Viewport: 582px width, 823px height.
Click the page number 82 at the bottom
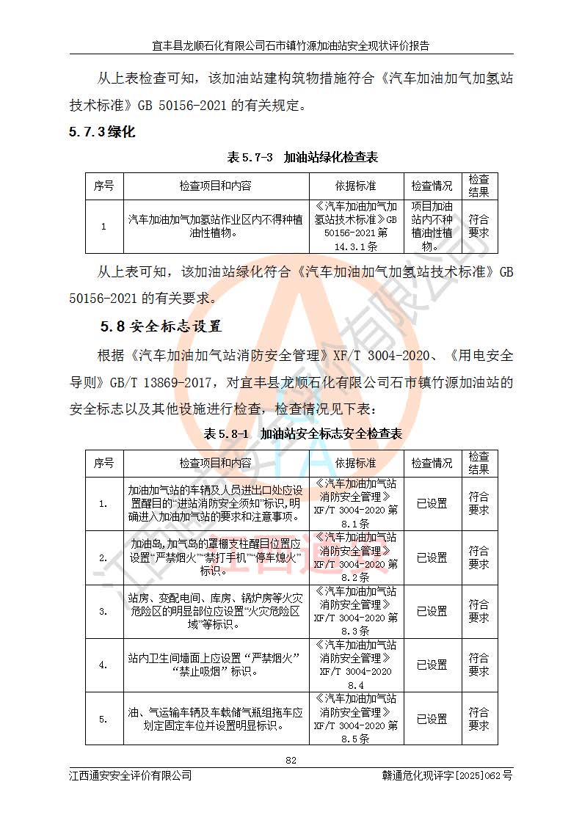[291, 760]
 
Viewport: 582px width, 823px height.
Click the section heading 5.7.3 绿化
[102, 133]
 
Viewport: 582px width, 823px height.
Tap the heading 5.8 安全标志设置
[161, 326]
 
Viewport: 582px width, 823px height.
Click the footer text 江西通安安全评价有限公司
[131, 775]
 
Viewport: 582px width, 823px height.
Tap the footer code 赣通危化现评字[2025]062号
[448, 775]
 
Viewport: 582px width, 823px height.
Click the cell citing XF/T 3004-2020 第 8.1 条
[356, 504]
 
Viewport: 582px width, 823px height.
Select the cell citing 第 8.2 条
[356, 557]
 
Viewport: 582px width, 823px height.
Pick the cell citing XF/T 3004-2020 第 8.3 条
[356, 611]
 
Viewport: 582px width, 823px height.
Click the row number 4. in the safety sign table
[103, 665]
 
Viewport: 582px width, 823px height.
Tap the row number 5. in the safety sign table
[103, 720]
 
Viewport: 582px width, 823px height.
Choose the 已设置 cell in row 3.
[432, 611]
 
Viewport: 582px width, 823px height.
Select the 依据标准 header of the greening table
[356, 186]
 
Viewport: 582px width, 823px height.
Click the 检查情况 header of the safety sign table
[432, 464]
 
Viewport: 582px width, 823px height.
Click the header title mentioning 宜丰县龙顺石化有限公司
[291, 45]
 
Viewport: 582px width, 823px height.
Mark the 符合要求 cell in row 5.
[479, 720]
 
